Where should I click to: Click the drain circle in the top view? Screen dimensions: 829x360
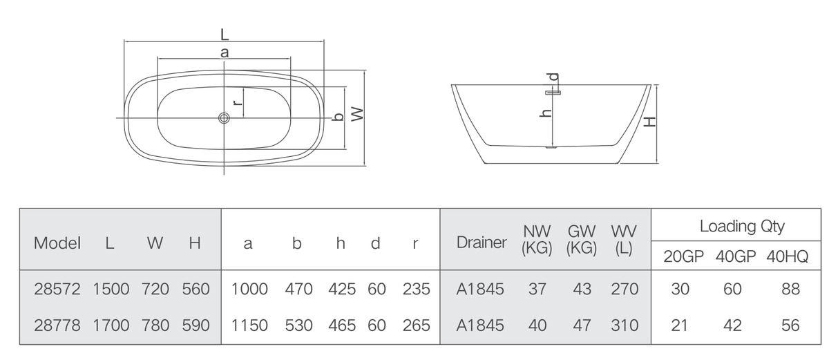[x=224, y=118]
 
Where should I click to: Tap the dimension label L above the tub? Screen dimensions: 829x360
[x=225, y=35]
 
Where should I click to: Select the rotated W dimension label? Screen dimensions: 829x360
[x=358, y=114]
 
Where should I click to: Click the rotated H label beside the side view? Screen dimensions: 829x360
[x=650, y=122]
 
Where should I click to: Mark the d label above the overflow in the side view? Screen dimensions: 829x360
[x=553, y=77]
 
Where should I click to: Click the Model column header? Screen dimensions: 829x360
[x=57, y=243]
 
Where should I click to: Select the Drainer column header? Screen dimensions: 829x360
[x=482, y=243]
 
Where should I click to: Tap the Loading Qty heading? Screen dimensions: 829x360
[x=742, y=226]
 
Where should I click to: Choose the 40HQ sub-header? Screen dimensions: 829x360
[x=787, y=256]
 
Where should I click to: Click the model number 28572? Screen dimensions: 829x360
[x=57, y=289]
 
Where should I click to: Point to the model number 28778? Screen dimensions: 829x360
[x=57, y=325]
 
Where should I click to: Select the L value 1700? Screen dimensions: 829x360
[x=111, y=325]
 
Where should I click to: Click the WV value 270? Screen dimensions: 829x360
[x=625, y=289]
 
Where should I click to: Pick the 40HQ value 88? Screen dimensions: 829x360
[x=791, y=289]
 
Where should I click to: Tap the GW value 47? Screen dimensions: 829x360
[x=582, y=325]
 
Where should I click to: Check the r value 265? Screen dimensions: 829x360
[x=417, y=325]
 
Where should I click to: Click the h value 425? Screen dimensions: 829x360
[x=342, y=289]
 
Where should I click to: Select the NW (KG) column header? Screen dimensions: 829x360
[x=537, y=240]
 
